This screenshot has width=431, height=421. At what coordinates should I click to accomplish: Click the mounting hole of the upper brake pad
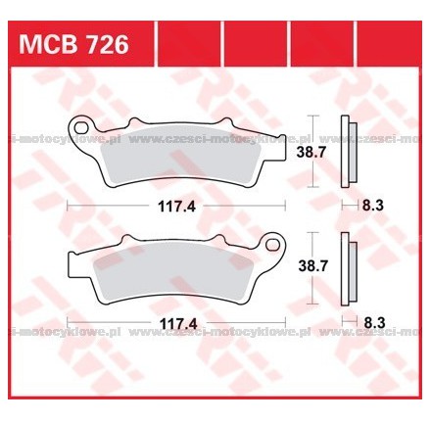click(x=82, y=127)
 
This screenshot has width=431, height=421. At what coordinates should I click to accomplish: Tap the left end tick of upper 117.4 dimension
click(x=68, y=207)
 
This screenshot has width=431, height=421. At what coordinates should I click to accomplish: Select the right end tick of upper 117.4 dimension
click(x=285, y=207)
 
